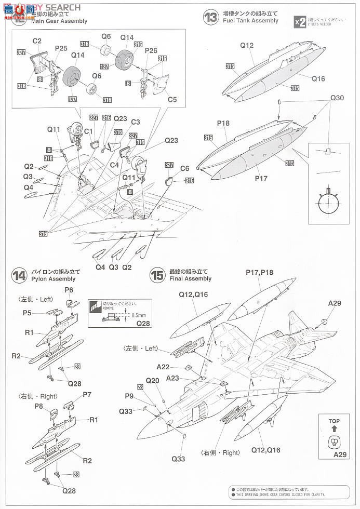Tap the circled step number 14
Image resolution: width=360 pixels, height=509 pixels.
(19, 276)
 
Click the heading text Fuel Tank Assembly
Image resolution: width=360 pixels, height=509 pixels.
(250, 21)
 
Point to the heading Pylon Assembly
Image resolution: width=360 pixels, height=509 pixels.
(53, 279)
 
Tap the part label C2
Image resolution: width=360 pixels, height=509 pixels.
(37, 41)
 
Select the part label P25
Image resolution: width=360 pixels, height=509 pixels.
(61, 48)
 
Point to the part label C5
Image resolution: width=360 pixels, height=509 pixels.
(172, 100)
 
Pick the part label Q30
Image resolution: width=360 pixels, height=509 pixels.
(337, 98)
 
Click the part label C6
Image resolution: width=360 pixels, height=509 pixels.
(185, 168)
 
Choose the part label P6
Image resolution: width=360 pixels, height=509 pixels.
(69, 289)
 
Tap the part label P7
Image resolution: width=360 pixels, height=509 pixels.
(86, 395)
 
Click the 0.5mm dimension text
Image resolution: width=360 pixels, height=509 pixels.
(139, 315)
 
